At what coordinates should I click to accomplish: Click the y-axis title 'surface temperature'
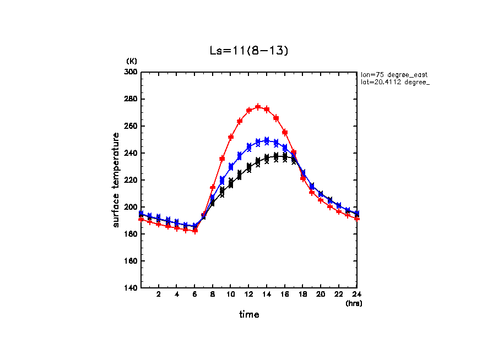click(x=116, y=180)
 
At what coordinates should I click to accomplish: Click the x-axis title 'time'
click(x=249, y=315)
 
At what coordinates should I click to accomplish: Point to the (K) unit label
click(x=132, y=61)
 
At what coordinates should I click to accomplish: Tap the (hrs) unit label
click(x=354, y=303)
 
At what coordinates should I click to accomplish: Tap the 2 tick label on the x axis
click(x=159, y=295)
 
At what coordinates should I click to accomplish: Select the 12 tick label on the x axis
click(x=249, y=295)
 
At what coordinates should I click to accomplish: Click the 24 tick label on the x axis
click(x=357, y=295)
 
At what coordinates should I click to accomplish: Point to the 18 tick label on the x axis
click(x=303, y=295)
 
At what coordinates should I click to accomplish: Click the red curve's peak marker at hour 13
click(x=258, y=107)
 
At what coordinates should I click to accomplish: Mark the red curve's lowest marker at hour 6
click(x=195, y=231)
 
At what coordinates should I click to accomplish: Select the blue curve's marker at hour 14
click(x=267, y=141)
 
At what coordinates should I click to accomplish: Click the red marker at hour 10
click(x=231, y=137)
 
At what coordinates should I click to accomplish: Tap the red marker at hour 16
click(x=285, y=132)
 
